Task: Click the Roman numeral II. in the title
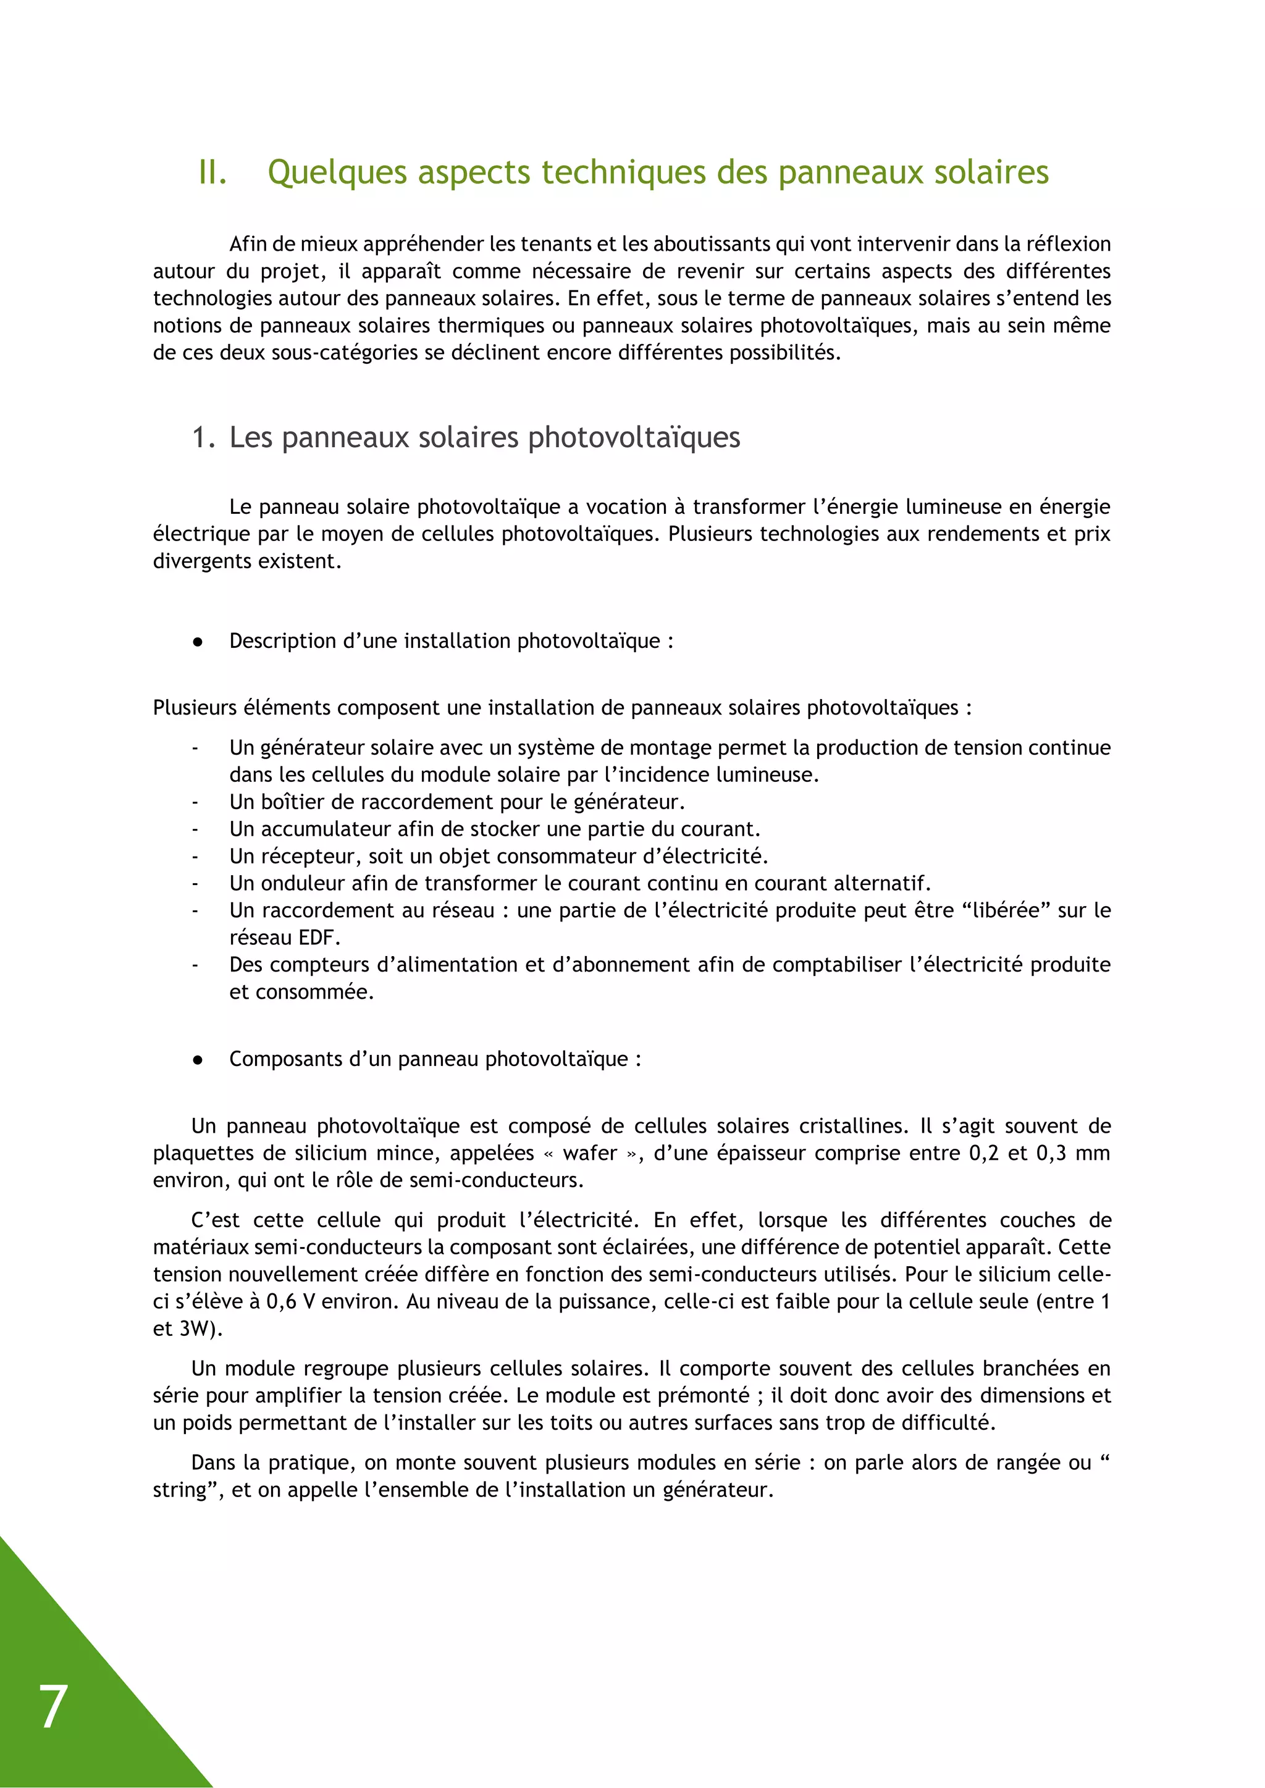coord(212,172)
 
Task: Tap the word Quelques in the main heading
coord(337,172)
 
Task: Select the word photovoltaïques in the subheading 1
coord(633,438)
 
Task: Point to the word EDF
coord(319,938)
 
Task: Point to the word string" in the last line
coord(188,1490)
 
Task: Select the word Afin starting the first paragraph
coord(248,245)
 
